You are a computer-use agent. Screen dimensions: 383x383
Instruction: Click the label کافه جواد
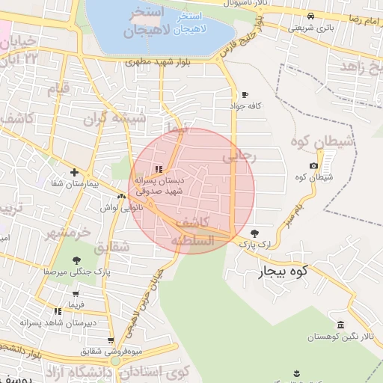pyautogui.click(x=245, y=106)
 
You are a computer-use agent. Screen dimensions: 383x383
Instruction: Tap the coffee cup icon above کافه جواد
pyautogui.click(x=245, y=94)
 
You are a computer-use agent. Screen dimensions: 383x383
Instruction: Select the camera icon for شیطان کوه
pyautogui.click(x=313, y=165)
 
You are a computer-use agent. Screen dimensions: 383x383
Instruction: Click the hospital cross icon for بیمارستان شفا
pyautogui.click(x=74, y=171)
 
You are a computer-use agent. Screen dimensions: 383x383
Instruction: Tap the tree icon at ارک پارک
pyautogui.click(x=255, y=233)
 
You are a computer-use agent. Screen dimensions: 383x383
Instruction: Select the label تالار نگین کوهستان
pyautogui.click(x=340, y=338)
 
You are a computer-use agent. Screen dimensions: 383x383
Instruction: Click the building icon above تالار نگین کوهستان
pyautogui.click(x=341, y=325)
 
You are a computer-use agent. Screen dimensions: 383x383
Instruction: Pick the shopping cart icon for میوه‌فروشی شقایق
pyautogui.click(x=111, y=340)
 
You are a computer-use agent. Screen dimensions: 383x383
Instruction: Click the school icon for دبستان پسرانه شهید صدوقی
pyautogui.click(x=158, y=168)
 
